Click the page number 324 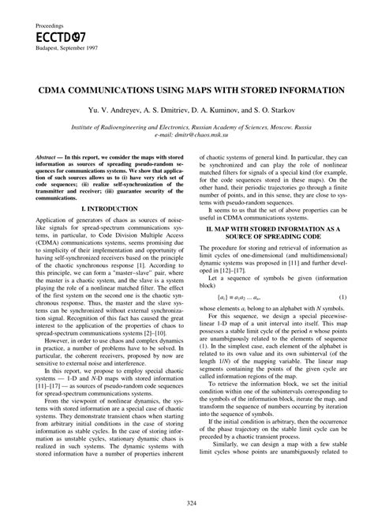click(187, 503)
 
